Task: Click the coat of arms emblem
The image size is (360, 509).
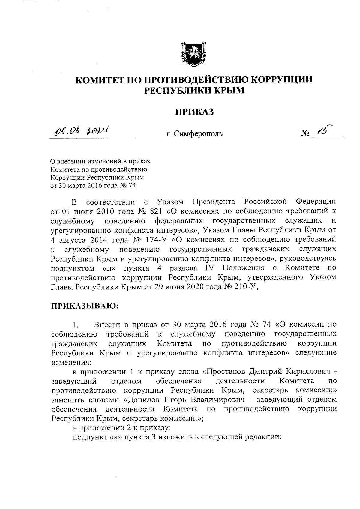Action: pyautogui.click(x=194, y=54)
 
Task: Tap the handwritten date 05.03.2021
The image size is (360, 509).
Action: pyautogui.click(x=81, y=131)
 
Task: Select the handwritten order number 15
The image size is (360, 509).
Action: pyautogui.click(x=326, y=130)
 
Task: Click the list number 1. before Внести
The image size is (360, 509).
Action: pyautogui.click(x=75, y=325)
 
